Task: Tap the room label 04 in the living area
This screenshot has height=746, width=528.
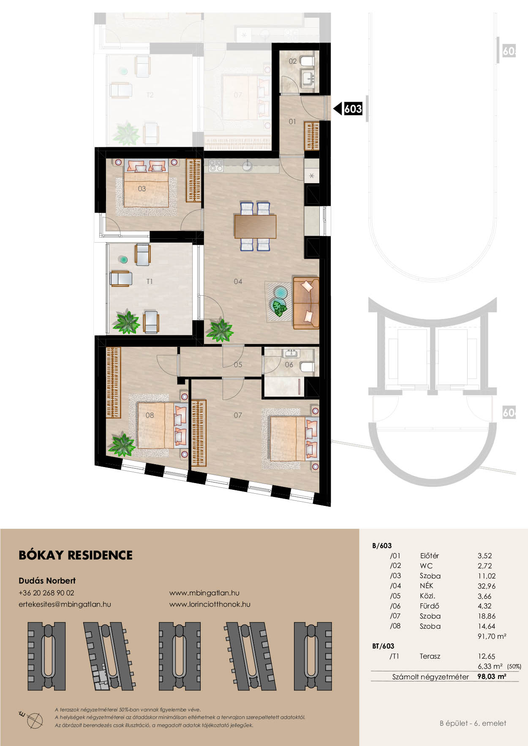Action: coord(238,281)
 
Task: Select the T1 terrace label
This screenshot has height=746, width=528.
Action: coord(150,281)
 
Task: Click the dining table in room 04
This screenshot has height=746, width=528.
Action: coord(255,227)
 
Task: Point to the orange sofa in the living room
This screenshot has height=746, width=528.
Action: coord(306,303)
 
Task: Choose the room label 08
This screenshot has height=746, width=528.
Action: coord(150,415)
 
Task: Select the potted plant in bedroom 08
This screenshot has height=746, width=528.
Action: coord(121,444)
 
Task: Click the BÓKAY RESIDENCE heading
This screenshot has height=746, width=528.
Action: coord(76,555)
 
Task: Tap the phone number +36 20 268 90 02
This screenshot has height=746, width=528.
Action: coord(46,593)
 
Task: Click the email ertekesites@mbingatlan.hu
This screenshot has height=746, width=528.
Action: coord(65,604)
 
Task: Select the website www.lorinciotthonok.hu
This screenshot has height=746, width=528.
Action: coord(210,604)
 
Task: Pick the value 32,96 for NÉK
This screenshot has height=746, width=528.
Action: coord(487,586)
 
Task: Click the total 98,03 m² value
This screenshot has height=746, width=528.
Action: coord(492,676)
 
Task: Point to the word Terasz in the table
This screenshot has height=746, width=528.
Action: coord(430,657)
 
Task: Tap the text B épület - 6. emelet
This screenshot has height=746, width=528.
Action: coord(473,723)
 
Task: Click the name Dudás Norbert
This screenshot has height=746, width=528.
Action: coord(47,581)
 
